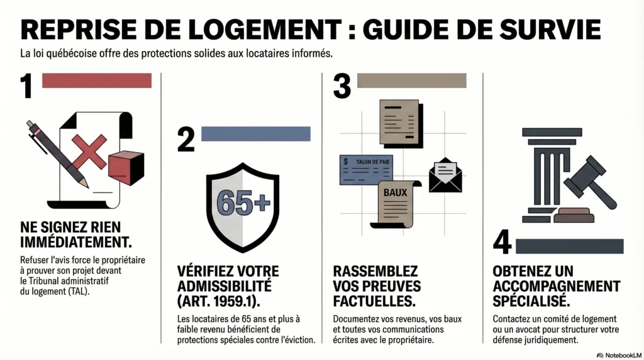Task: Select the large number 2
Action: pyautogui.click(x=186, y=139)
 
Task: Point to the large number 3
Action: pyautogui.click(x=341, y=86)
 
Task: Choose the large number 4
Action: pyautogui.click(x=502, y=243)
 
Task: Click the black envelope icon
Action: pyautogui.click(x=445, y=175)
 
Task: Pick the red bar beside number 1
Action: pyautogui.click(x=96, y=81)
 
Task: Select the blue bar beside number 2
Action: pyautogui.click(x=255, y=133)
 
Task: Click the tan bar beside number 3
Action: pyautogui.click(x=411, y=81)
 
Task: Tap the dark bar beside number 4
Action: pyautogui.click(x=570, y=246)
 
